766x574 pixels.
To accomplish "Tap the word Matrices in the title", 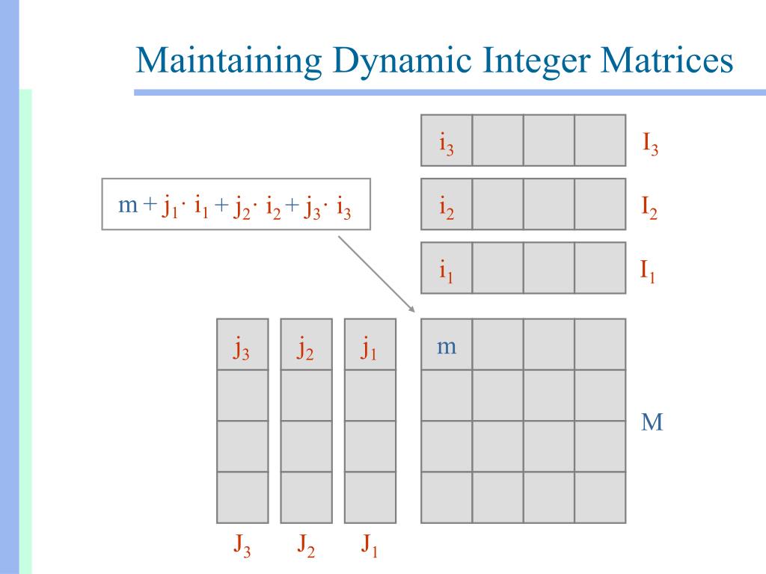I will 666,61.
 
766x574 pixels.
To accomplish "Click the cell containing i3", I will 447,140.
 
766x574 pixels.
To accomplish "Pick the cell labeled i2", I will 447,204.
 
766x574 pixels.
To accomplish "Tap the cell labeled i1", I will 447,268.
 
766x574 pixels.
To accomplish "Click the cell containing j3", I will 242,345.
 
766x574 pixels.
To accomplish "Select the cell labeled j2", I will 306,345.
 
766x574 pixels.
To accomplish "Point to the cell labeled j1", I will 370,345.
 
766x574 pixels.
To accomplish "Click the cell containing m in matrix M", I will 447,345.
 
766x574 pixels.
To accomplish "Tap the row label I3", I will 650,141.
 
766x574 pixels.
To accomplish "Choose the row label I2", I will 649,206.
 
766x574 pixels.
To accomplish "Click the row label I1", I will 648,270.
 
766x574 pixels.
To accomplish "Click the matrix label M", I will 652,423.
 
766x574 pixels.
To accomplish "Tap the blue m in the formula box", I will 129,205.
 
